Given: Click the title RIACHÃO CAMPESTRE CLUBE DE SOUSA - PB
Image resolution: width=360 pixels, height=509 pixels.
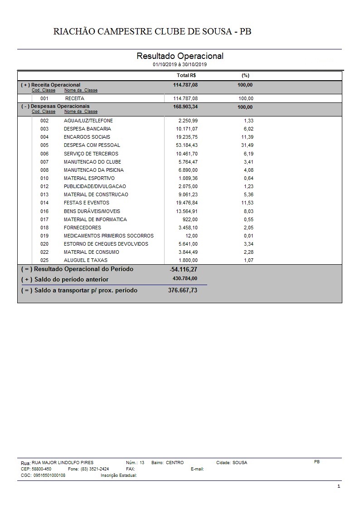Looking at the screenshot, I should pyautogui.click(x=152, y=31).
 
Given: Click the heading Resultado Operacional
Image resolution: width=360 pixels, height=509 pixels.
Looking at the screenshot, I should pyautogui.click(x=180, y=56).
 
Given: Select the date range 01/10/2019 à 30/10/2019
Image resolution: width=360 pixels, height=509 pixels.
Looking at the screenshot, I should pyautogui.click(x=180, y=65).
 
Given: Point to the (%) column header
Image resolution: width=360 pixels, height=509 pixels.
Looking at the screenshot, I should pyautogui.click(x=246, y=75).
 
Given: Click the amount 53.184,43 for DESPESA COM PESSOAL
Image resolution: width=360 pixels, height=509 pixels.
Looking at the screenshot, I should pyautogui.click(x=187, y=145).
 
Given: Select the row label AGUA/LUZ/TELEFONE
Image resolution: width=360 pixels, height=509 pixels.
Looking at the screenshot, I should pyautogui.click(x=88, y=121).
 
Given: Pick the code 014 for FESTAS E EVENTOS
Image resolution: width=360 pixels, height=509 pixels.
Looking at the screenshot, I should pyautogui.click(x=44, y=203).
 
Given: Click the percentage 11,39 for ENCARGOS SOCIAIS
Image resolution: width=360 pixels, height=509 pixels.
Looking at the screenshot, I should pyautogui.click(x=247, y=137).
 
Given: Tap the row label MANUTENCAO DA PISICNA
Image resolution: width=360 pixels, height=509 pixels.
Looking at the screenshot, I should pyautogui.click(x=94, y=170).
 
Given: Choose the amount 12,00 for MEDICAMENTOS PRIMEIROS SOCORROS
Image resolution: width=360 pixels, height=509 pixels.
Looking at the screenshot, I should pyautogui.click(x=191, y=236).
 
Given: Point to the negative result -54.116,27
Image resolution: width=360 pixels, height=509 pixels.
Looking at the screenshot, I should pyautogui.click(x=183, y=269).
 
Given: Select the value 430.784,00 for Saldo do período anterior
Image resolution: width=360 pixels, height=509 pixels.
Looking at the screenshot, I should pyautogui.click(x=185, y=278).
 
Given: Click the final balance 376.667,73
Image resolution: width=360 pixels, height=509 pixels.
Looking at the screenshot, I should pyautogui.click(x=183, y=290).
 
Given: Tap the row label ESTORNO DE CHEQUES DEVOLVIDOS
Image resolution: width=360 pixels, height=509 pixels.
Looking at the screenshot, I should pyautogui.click(x=106, y=244).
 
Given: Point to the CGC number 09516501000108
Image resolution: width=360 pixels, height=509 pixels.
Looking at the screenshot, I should pyautogui.click(x=49, y=475).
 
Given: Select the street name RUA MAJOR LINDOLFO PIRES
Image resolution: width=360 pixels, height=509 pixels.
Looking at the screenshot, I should pyautogui.click(x=63, y=463).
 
